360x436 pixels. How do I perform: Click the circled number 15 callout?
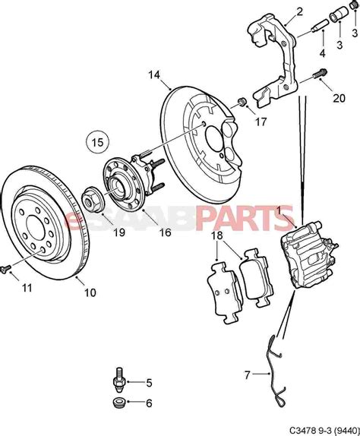point(97,142)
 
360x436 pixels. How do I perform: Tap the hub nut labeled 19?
point(93,199)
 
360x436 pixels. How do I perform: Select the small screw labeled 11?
point(5,269)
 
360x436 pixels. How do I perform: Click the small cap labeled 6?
point(119,402)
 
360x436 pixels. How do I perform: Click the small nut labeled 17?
point(242,102)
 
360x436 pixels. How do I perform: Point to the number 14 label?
point(154,74)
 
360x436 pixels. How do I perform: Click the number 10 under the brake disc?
point(90,292)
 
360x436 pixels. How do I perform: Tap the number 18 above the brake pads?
point(216,235)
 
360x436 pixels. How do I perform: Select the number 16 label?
point(165,232)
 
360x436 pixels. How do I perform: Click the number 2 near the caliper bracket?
point(299,11)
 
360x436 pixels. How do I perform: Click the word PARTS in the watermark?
point(245,218)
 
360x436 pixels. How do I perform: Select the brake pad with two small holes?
point(225,292)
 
